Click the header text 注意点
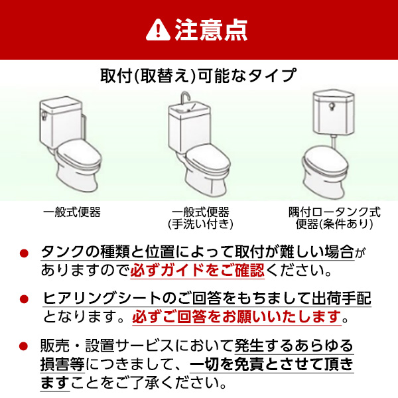tap(211, 29)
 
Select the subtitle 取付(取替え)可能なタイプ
tap(198, 75)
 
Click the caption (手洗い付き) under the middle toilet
tap(200, 224)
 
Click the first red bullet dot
tap(25, 255)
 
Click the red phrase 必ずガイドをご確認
tap(197, 271)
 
